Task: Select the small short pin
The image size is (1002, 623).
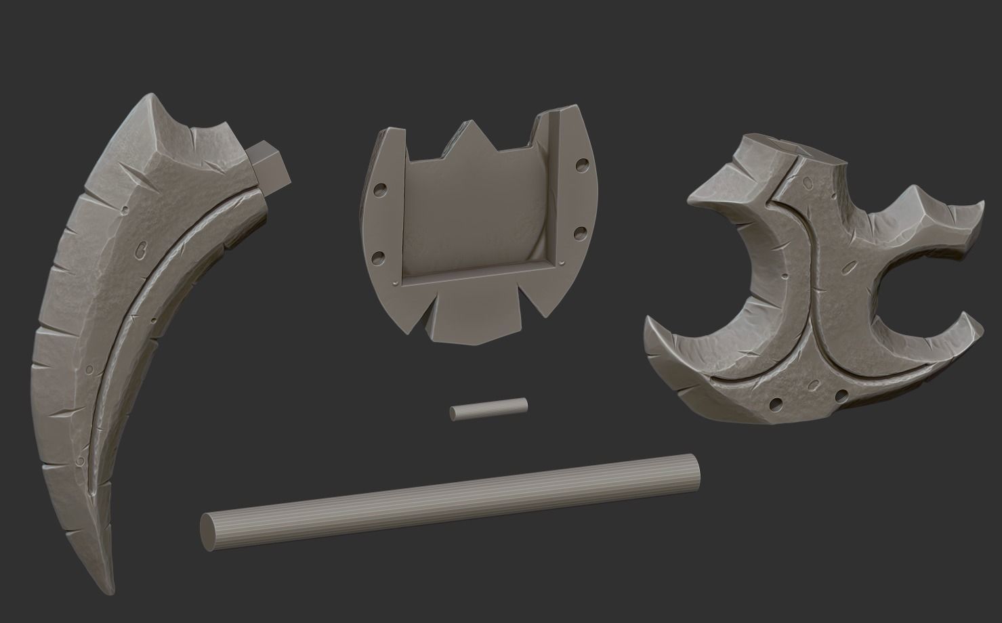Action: (488, 408)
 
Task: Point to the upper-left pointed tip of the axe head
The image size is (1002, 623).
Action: (689, 198)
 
